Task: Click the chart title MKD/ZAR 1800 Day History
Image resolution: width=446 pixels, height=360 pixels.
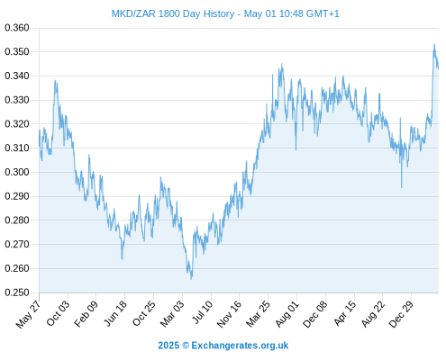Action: coord(173,13)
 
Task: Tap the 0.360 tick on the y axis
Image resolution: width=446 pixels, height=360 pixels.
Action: coord(17,28)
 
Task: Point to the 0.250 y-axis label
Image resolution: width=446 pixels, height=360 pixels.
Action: coord(17,292)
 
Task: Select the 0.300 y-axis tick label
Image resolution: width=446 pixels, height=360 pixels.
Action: coord(17,172)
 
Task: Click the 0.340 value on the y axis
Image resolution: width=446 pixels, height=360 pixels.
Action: coord(17,76)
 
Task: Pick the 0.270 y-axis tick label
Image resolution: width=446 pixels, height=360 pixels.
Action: coord(17,244)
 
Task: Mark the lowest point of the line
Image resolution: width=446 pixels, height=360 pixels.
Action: coord(191,279)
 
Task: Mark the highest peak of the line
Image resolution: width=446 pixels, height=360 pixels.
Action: coord(434,44)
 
